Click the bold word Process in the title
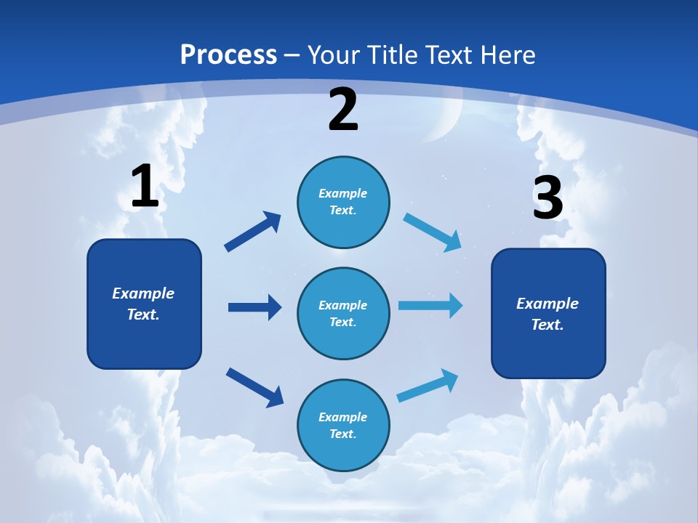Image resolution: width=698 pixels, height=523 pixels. (228, 54)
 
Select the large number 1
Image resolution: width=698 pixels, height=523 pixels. (145, 187)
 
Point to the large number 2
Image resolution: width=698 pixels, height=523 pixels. (343, 110)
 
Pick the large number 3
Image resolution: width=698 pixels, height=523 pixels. (547, 198)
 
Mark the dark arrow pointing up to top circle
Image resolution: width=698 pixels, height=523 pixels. (253, 231)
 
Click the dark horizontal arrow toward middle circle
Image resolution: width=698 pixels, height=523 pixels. (254, 307)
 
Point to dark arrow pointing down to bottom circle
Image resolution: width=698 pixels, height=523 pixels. (254, 386)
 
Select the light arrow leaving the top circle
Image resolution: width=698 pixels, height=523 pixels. (433, 232)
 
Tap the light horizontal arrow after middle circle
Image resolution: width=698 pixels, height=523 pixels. (430, 305)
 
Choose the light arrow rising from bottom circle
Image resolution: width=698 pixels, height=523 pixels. (428, 386)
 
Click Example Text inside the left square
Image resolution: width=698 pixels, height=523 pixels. (143, 304)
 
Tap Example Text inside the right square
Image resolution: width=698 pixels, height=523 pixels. (547, 314)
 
